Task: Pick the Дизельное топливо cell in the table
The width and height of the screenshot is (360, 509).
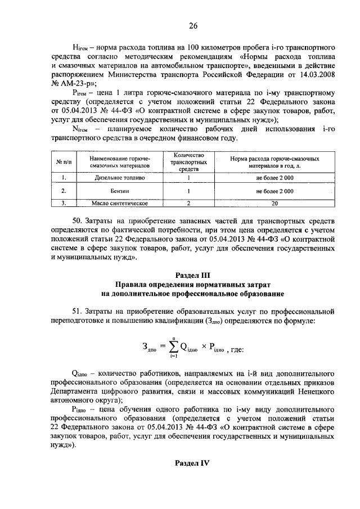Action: (x=120, y=178)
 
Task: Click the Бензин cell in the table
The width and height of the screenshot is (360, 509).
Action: (x=120, y=191)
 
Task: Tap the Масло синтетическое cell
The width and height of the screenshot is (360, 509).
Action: (x=120, y=203)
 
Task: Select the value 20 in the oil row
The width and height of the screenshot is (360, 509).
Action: (x=274, y=203)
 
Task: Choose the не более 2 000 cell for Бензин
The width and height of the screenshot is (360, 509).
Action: (x=274, y=191)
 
